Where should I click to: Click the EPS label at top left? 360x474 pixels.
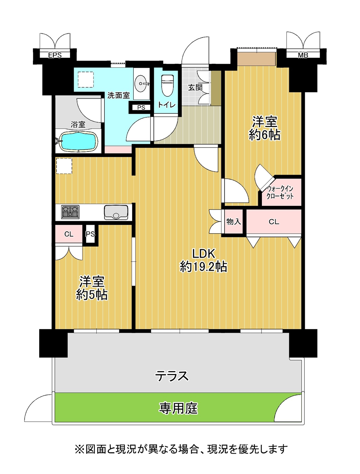(55, 55)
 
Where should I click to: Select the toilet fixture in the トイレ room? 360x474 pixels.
(167, 86)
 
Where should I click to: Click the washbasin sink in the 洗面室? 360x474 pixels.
(142, 84)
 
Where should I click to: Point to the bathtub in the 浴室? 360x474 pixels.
(79, 142)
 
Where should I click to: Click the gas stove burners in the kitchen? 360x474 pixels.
(70, 212)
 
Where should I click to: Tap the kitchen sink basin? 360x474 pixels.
(116, 212)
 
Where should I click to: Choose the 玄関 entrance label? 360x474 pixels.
(195, 87)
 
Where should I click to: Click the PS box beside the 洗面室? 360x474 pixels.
(141, 107)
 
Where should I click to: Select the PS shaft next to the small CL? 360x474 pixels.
(90, 234)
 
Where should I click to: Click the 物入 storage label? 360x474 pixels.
(234, 221)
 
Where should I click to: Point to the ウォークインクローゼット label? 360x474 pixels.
(280, 193)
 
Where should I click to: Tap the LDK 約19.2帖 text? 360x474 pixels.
(203, 260)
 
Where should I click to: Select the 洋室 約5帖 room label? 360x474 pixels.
(91, 288)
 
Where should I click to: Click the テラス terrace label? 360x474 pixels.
(172, 376)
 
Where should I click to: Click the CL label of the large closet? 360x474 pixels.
(274, 222)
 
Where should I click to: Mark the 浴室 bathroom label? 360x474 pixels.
(78, 124)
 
